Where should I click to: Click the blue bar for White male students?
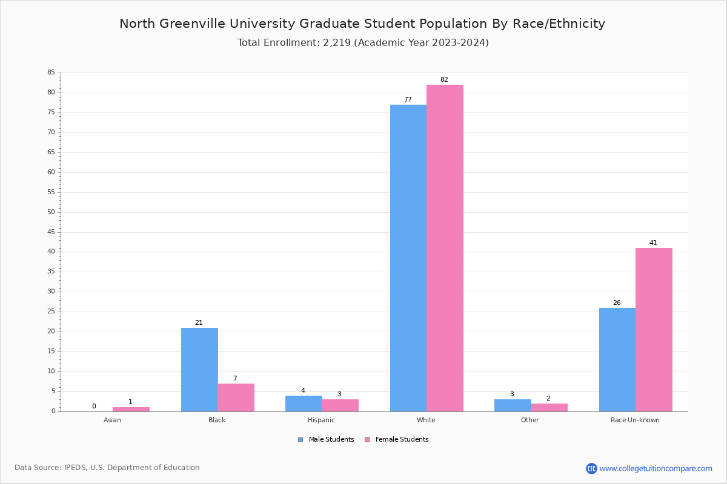tap(408, 258)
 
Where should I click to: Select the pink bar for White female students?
tap(445, 248)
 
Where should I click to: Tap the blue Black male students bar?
tap(199, 370)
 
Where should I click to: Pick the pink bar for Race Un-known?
tap(654, 330)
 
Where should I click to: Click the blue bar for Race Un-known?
tap(617, 359)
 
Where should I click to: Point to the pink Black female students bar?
tap(236, 397)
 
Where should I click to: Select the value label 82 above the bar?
tap(444, 80)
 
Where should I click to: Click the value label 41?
tap(653, 243)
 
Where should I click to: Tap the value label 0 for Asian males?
tap(94, 407)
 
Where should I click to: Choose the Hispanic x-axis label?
tap(321, 420)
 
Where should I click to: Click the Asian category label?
tap(112, 420)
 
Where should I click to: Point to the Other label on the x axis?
tap(529, 420)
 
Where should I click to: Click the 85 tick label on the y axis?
tap(51, 73)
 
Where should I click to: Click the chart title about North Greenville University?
tap(362, 24)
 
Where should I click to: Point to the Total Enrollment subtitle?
tap(363, 43)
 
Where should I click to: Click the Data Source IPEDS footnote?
tap(107, 468)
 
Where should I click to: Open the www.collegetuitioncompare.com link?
tap(656, 468)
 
